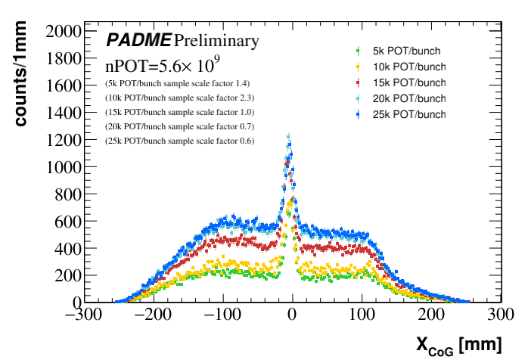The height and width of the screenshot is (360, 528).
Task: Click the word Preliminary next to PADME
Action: pos(216,40)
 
